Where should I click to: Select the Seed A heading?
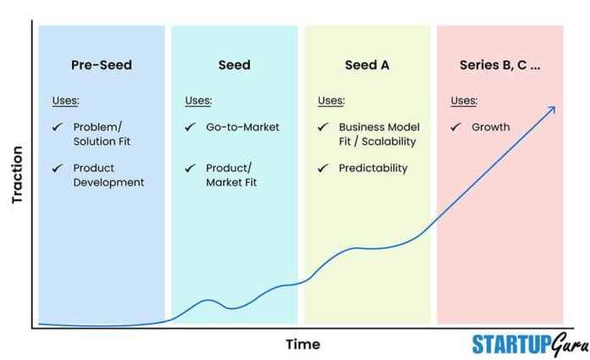[367, 65]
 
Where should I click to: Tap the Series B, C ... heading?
[499, 65]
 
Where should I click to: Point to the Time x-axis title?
[303, 344]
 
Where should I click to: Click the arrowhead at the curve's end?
[551, 109]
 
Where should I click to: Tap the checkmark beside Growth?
[455, 127]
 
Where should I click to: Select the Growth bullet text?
[491, 127]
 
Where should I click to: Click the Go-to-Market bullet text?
[242, 127]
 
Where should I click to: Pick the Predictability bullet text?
[373, 168]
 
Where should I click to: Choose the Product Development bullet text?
[109, 175]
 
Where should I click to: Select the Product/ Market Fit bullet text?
[231, 175]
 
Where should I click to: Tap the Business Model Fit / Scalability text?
[378, 134]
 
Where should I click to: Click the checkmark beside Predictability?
[323, 168]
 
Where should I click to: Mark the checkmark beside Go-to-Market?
[190, 127]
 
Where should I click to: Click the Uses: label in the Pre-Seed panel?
[65, 101]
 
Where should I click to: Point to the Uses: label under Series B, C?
[464, 101]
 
